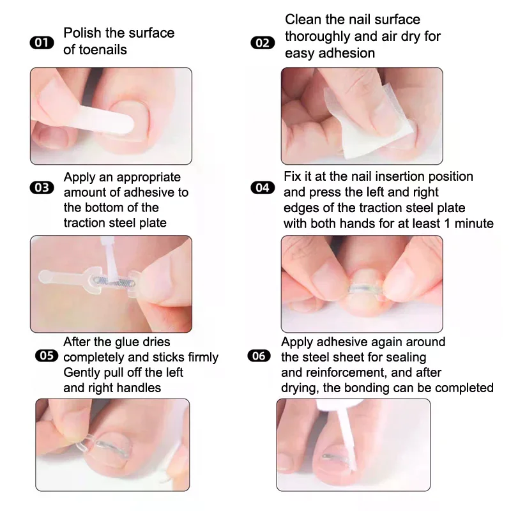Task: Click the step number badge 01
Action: [43, 43]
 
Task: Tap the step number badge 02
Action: [261, 43]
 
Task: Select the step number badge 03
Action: [43, 188]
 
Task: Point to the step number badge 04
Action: [262, 188]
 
